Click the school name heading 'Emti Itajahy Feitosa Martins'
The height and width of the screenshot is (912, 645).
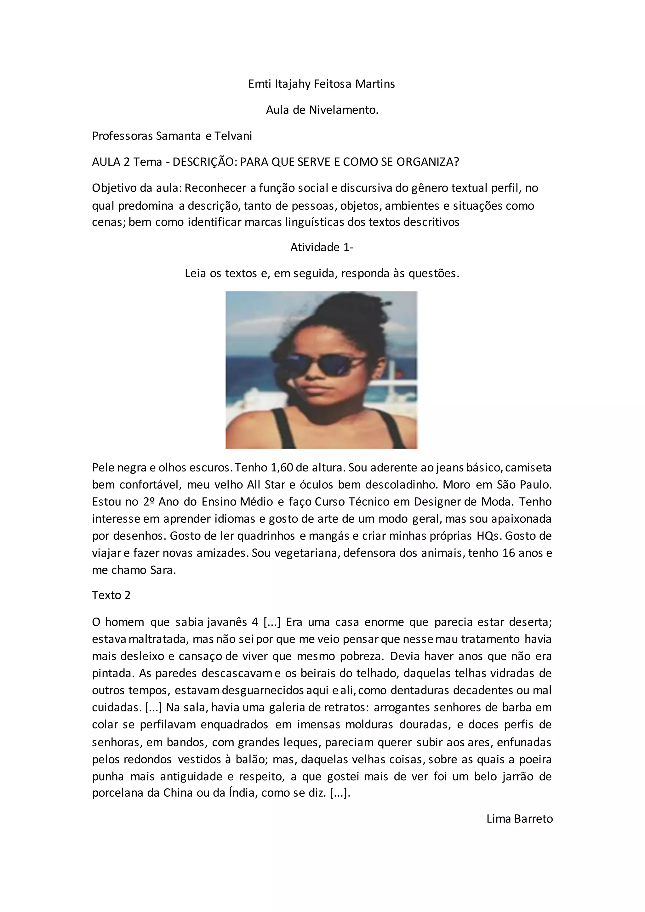click(321, 84)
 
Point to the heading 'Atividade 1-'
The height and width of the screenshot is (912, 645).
click(322, 248)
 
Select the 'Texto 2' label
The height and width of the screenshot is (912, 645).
click(111, 595)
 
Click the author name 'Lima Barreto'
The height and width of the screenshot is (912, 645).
click(519, 819)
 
